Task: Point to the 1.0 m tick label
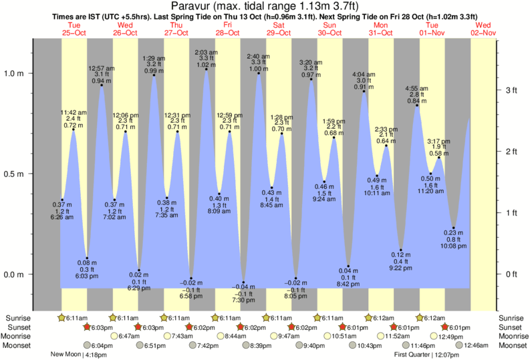click(15, 73)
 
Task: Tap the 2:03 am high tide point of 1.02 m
click(206, 69)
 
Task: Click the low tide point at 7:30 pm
click(243, 283)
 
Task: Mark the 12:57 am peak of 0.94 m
click(102, 85)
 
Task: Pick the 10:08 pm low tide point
click(454, 228)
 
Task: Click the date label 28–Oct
click(227, 33)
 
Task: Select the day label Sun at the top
click(330, 25)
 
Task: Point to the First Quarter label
click(418, 355)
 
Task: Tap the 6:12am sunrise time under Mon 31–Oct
click(378, 318)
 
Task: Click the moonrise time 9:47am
click(285, 336)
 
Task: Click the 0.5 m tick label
click(15, 174)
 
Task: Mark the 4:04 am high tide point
click(364, 92)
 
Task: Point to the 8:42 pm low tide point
click(348, 266)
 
